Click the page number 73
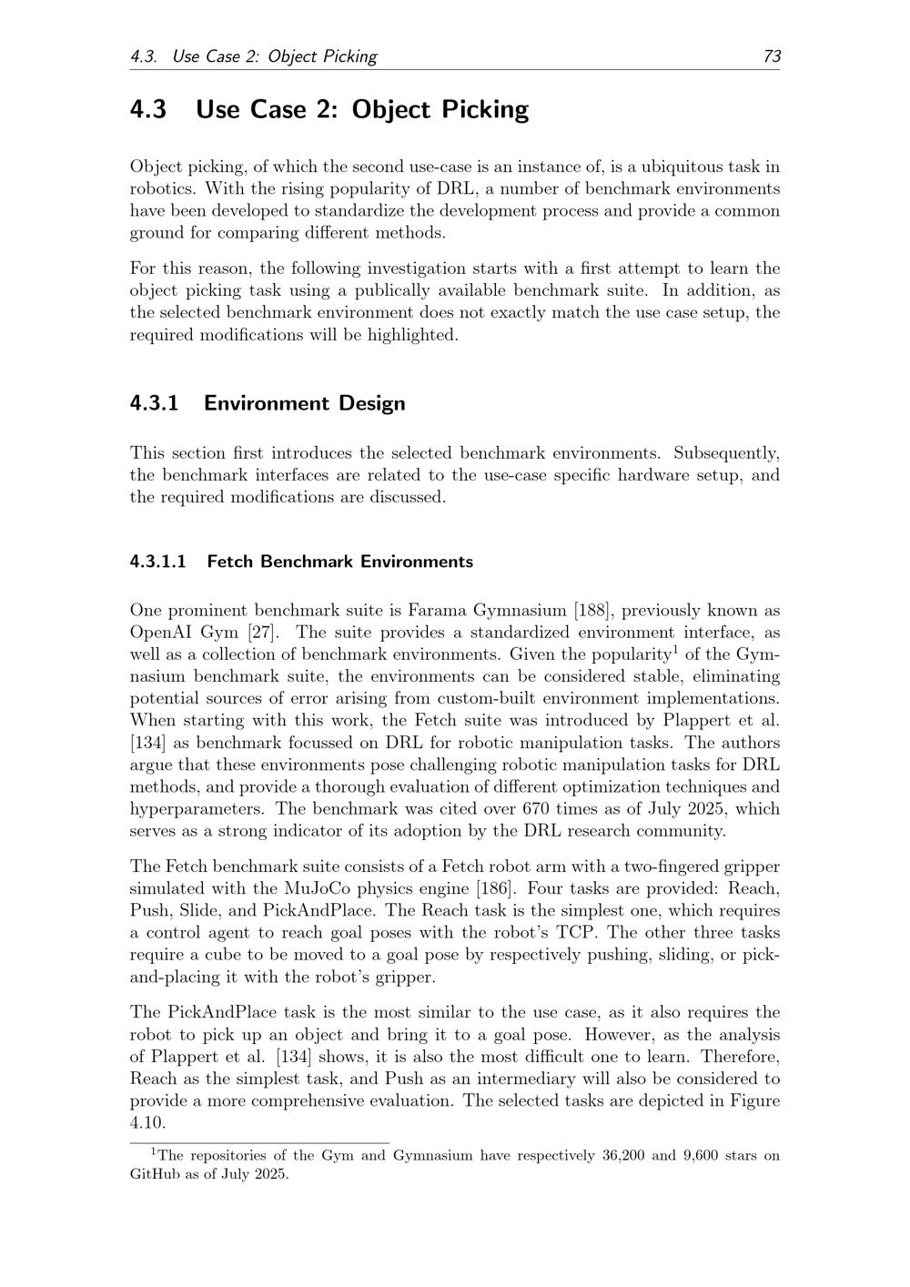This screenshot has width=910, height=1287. (772, 56)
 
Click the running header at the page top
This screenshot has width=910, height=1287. (254, 56)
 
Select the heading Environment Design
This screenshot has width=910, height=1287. (304, 403)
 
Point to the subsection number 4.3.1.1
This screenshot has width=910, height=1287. (158, 562)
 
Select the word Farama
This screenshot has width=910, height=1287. (436, 611)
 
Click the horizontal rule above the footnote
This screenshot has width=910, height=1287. (259, 1142)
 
